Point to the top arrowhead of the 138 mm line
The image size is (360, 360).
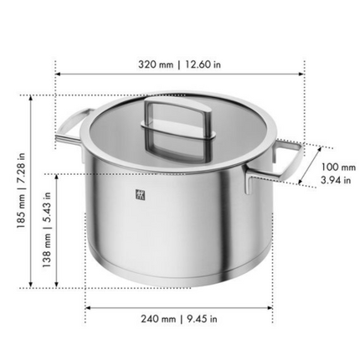[x=55, y=175]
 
